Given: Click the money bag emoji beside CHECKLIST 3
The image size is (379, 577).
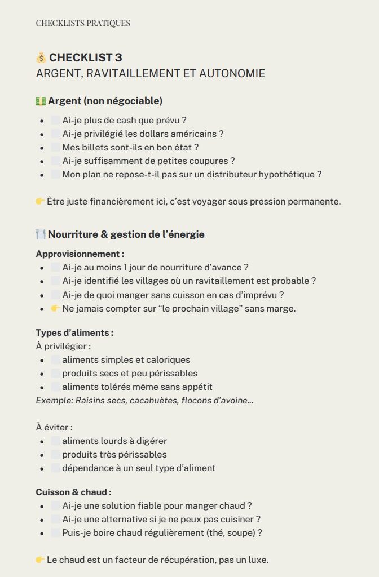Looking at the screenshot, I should (41, 57).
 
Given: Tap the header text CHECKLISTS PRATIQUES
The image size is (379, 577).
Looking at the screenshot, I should (83, 23).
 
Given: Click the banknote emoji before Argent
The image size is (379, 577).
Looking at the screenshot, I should (41, 101).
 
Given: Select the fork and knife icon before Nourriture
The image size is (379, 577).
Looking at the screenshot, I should (41, 234).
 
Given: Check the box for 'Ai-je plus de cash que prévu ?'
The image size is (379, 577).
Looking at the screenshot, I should (55, 120).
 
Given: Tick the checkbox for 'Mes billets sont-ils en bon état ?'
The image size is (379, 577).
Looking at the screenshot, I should (55, 147).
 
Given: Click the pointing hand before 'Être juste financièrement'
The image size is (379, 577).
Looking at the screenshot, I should (40, 201).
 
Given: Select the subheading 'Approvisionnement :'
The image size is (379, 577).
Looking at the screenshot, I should (80, 254).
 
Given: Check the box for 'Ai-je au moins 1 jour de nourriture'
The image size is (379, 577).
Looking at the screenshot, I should (55, 267).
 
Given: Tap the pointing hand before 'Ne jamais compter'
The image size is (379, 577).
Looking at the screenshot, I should (55, 308).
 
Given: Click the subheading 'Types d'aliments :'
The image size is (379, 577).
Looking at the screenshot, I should (74, 332).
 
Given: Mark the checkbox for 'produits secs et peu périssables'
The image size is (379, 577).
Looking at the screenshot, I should (55, 373).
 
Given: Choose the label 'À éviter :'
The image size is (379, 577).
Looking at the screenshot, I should (54, 428).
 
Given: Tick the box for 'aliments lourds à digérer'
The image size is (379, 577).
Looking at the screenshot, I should (55, 441).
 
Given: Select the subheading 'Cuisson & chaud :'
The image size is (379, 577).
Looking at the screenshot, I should (73, 492).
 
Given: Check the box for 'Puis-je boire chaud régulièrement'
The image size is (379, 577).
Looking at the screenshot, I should (55, 532).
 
